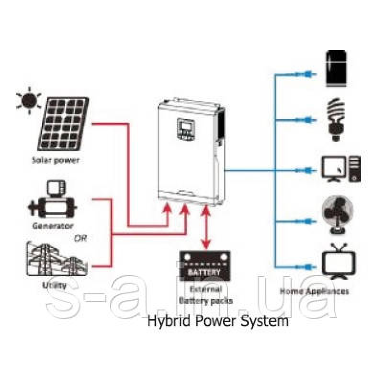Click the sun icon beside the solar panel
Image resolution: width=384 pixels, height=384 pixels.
[x=29, y=100]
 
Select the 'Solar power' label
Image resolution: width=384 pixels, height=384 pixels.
[x=55, y=160]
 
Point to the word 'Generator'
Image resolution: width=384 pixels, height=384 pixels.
[x=53, y=226]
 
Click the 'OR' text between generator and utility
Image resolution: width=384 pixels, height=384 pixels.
[x=80, y=238]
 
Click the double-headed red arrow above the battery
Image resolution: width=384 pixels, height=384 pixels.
[x=206, y=228]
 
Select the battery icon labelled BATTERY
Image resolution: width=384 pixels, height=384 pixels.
[x=205, y=266]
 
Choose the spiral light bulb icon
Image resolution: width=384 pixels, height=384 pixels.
[x=336, y=120]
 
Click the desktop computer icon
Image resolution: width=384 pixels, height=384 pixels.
[x=341, y=169]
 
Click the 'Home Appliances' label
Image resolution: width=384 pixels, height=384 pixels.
[x=314, y=291]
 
